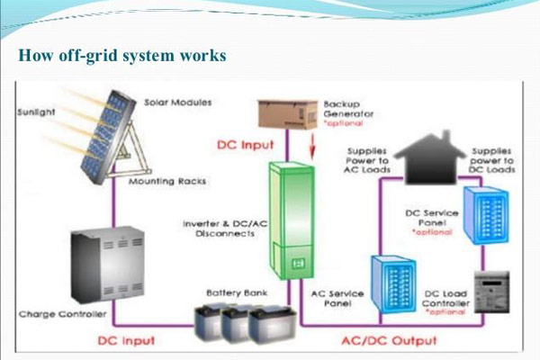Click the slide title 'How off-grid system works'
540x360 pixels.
(x=122, y=56)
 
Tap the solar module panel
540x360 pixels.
(x=107, y=137)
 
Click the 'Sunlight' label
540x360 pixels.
(x=36, y=112)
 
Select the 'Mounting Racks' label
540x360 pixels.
(x=167, y=181)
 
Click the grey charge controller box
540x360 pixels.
(x=107, y=265)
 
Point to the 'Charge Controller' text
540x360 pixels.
(x=63, y=314)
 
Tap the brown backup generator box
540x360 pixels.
(x=288, y=114)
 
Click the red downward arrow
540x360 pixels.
(x=312, y=147)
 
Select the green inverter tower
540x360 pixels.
(x=292, y=220)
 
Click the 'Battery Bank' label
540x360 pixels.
(x=237, y=293)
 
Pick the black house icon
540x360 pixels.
(x=429, y=157)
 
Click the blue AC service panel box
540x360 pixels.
(x=393, y=284)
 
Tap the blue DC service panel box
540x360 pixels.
(x=486, y=215)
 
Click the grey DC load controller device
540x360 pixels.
(x=491, y=292)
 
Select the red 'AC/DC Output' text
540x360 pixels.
(x=389, y=341)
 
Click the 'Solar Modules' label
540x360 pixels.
(x=177, y=103)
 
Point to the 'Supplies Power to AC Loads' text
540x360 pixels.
(x=367, y=160)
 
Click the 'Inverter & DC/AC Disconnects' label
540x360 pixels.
(x=225, y=229)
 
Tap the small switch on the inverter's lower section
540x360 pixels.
(x=298, y=264)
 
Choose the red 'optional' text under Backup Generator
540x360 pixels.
(x=344, y=123)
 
